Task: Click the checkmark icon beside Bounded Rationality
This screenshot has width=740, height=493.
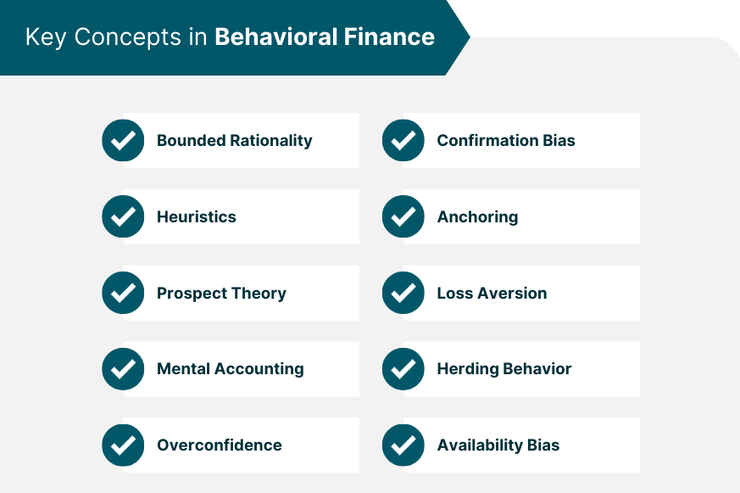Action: click(123, 140)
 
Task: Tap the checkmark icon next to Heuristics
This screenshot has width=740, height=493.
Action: click(123, 216)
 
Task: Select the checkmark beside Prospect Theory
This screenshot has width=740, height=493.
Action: click(123, 293)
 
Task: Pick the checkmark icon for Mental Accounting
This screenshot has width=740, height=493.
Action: click(123, 369)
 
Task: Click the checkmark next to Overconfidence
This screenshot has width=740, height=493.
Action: click(123, 445)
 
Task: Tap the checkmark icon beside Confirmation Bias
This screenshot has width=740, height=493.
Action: click(403, 140)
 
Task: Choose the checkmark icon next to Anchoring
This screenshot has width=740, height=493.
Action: click(403, 216)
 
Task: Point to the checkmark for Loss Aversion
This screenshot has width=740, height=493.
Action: click(403, 293)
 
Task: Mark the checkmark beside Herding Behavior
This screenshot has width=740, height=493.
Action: click(403, 369)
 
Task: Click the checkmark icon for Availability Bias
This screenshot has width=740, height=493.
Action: click(403, 445)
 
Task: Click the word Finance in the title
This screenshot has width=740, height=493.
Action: click(389, 36)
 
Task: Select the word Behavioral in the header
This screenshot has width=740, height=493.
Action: click(276, 36)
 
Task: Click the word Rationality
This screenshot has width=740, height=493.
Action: click(271, 141)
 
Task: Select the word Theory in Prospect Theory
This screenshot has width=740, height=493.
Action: click(259, 294)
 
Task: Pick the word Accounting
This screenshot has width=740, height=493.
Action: click(259, 369)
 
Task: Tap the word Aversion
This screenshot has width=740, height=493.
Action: click(512, 294)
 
